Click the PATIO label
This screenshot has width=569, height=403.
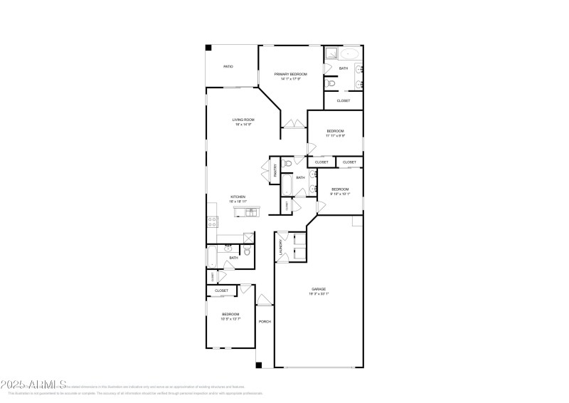pyautogui.click(x=228, y=67)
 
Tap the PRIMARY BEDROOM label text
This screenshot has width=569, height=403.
pyautogui.click(x=291, y=74)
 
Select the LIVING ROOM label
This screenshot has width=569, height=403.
pyautogui.click(x=244, y=120)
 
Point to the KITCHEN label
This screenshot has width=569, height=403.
pyautogui.click(x=238, y=197)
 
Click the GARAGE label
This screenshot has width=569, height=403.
pyautogui.click(x=318, y=289)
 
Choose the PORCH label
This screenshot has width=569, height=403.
pyautogui.click(x=265, y=322)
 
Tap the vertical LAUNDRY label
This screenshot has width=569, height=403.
pyautogui.click(x=282, y=246)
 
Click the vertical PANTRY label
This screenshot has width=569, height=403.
pyautogui.click(x=274, y=169)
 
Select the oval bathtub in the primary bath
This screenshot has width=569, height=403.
pyautogui.click(x=349, y=54)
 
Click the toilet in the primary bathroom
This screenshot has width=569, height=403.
pyautogui.click(x=329, y=84)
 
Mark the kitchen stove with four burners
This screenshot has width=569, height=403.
pyautogui.click(x=211, y=221)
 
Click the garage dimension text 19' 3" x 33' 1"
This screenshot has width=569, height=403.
pyautogui.click(x=318, y=294)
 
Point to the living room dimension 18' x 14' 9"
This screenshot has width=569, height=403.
pyautogui.click(x=244, y=125)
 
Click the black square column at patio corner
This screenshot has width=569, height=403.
pyautogui.click(x=208, y=48)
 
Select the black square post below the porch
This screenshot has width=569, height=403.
pyautogui.click(x=258, y=366)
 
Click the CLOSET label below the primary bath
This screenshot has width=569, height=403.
pyautogui.click(x=344, y=100)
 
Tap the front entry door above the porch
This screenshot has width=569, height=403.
pyautogui.click(x=265, y=299)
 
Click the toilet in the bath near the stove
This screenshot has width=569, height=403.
pyautogui.click(x=246, y=251)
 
